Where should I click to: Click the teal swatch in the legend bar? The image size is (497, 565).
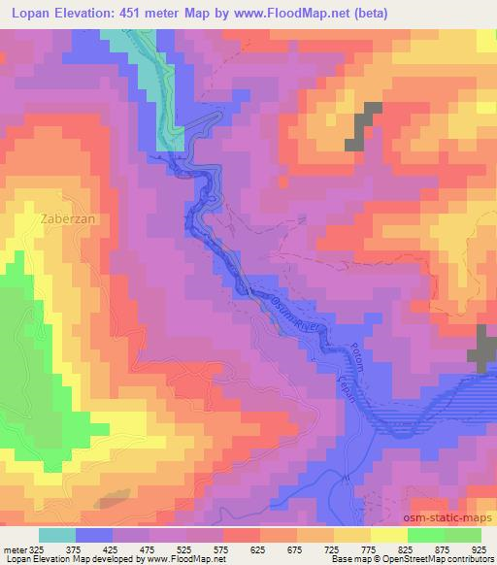point(57,534)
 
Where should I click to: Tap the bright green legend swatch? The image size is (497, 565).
point(425,534)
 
